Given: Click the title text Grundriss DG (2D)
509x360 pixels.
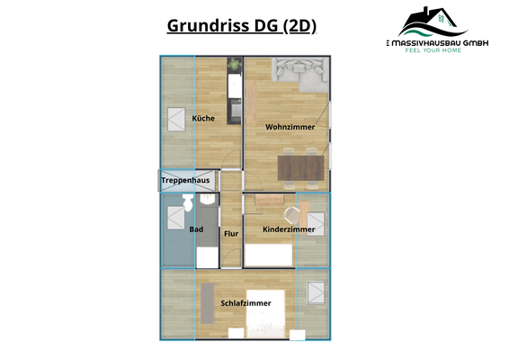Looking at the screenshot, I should tap(241, 25).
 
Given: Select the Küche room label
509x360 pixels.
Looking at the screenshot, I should tap(202, 119).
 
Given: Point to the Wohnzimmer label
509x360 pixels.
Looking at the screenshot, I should tap(290, 127).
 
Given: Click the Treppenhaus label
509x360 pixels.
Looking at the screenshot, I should tap(185, 181).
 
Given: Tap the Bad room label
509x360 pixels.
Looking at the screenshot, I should tap(196, 229).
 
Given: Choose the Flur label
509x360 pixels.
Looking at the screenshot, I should tap(231, 234).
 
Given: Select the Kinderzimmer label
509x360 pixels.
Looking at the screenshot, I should tap(288, 230).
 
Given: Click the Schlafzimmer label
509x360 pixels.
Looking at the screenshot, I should tap(246, 303).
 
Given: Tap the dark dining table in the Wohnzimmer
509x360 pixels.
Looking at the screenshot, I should tap(300, 167).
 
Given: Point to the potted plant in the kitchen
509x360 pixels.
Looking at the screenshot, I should tap(235, 65).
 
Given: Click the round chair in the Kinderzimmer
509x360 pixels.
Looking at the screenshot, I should tap(291, 214).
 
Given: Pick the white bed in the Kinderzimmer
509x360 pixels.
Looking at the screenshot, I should tap(270, 256).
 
